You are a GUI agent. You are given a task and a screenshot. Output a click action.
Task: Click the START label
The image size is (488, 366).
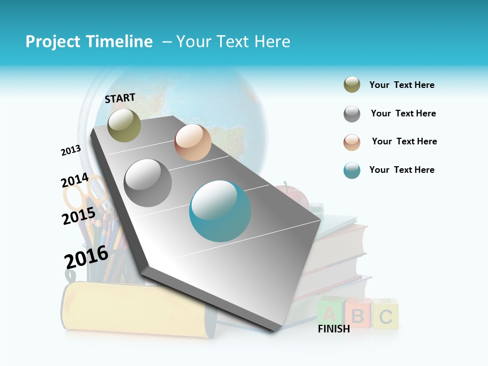(x=120, y=98)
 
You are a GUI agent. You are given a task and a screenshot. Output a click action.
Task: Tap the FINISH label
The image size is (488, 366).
(x=333, y=329)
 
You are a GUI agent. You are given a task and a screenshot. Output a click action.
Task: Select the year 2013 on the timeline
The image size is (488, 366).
(x=71, y=150)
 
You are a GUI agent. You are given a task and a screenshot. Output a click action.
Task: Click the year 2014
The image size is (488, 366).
(x=75, y=180)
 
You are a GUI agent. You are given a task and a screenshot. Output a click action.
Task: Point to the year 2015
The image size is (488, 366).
(x=78, y=216)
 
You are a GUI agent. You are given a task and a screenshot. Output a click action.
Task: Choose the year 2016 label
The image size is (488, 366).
(x=86, y=257)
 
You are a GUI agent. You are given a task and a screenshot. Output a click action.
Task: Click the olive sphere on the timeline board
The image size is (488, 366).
(x=124, y=125)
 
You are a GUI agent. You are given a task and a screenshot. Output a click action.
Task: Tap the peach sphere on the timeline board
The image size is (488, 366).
(x=193, y=142)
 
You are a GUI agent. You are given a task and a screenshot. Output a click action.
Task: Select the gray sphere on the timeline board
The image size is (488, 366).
(x=148, y=183)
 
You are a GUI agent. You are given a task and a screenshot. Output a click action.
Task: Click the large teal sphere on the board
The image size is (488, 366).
(x=220, y=211)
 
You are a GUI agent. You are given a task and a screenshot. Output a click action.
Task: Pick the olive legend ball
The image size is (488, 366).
(x=352, y=85)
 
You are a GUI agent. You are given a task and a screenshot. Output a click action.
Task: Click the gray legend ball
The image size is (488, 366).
(x=352, y=114)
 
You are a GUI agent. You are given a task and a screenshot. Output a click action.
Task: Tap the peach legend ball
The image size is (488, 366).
(x=352, y=142)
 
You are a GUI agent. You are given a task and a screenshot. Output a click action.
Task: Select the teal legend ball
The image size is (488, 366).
(x=352, y=170)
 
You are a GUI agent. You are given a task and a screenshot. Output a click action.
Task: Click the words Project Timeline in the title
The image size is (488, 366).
(x=89, y=42)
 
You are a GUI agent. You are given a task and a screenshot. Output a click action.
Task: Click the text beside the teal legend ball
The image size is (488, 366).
(x=402, y=170)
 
